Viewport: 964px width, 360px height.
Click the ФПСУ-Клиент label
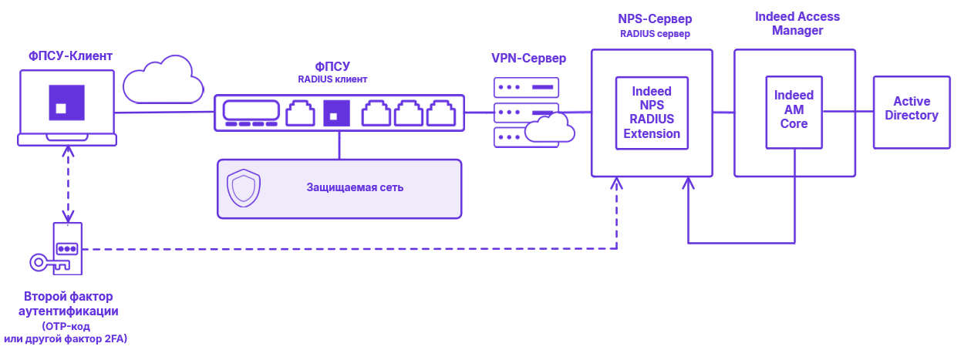70,56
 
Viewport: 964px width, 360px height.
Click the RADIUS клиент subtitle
332,79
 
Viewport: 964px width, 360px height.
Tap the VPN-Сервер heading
528,59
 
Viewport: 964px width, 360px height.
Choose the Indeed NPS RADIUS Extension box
652,113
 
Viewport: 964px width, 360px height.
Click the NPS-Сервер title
654,19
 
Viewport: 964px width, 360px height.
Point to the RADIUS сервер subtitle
654,34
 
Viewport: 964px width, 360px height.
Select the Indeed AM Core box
794,112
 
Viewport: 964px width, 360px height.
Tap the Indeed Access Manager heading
797,23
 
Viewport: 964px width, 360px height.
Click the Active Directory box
911,112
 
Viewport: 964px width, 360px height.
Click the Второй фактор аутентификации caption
68,304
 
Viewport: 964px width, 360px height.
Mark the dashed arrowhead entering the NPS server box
617,183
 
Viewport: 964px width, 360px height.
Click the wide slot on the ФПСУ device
251,110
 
